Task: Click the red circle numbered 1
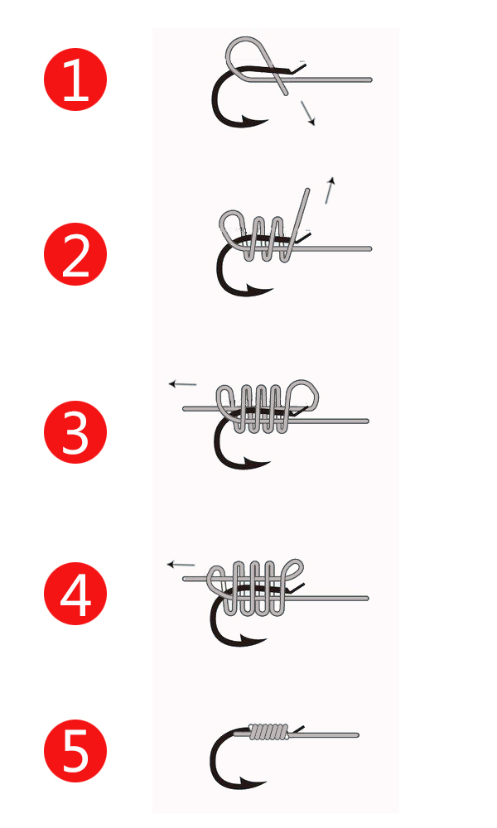pyautogui.click(x=75, y=79)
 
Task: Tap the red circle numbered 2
pyautogui.click(x=75, y=254)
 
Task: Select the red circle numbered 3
pyautogui.click(x=75, y=432)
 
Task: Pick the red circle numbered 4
pyautogui.click(x=75, y=594)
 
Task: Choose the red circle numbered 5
pyautogui.click(x=75, y=751)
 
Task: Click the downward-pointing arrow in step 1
pyautogui.click(x=308, y=113)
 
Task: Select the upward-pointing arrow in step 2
pyautogui.click(x=330, y=190)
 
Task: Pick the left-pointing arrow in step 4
pyautogui.click(x=181, y=565)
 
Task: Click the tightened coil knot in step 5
pyautogui.click(x=269, y=731)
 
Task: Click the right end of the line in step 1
pyautogui.click(x=370, y=79)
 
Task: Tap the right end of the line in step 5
pyautogui.click(x=357, y=735)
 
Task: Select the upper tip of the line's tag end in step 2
pyautogui.click(x=307, y=190)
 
